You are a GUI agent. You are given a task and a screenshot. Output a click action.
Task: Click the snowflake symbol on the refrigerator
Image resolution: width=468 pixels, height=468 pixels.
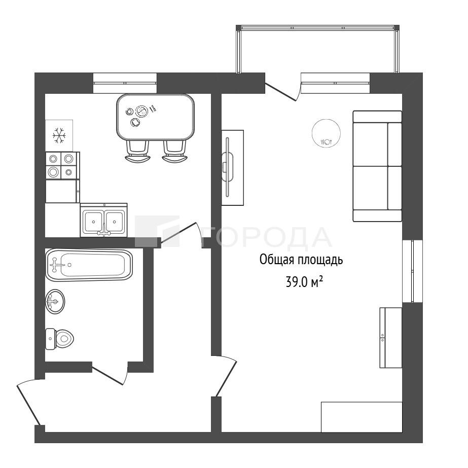click(x=59, y=135)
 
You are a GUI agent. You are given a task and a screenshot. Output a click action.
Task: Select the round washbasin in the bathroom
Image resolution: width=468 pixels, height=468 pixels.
click(x=55, y=301)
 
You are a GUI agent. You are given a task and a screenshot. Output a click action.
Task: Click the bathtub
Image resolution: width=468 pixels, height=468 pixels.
click(x=89, y=265)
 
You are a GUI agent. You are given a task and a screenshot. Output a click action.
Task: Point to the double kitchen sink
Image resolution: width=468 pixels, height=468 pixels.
click(x=103, y=220)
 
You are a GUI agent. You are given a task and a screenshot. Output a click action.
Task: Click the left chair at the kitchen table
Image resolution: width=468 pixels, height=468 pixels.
click(x=137, y=151)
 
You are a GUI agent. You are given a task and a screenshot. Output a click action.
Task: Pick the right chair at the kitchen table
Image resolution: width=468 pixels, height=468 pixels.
click(x=174, y=151)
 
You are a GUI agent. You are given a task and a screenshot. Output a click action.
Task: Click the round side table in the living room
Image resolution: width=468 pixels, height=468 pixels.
click(x=326, y=133)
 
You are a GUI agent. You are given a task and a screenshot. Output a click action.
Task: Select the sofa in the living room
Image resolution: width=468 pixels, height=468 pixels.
click(x=377, y=166)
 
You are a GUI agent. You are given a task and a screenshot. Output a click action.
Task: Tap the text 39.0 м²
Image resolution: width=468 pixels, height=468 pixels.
click(x=304, y=282)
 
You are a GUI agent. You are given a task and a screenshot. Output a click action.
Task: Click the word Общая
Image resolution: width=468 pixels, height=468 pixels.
click(x=276, y=260)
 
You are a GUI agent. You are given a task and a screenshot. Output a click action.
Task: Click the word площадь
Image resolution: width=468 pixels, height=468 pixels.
click(x=320, y=260)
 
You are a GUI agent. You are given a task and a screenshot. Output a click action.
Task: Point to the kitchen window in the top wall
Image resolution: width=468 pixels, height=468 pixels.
click(x=125, y=83)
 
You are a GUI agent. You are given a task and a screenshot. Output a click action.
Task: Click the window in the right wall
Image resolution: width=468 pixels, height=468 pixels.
click(x=413, y=271)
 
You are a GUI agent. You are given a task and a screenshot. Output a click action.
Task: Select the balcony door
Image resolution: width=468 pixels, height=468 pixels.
click(x=282, y=91)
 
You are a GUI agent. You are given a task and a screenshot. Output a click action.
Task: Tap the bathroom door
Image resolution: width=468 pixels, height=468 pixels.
click(x=110, y=373)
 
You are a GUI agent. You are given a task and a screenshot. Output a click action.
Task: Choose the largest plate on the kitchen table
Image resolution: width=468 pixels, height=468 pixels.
click(x=141, y=112)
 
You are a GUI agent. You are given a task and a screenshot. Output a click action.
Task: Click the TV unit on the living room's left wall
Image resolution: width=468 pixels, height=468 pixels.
click(x=233, y=167)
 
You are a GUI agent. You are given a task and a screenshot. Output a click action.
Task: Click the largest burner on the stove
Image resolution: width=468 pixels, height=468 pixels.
click(x=53, y=171)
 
